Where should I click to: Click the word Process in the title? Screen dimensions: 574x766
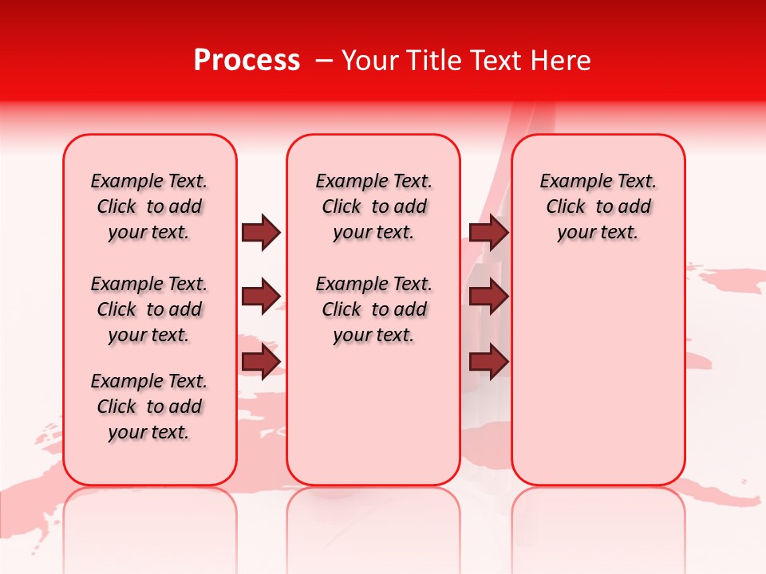247,61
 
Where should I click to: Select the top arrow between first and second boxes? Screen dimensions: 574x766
261,232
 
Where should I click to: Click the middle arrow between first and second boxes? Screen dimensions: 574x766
261,297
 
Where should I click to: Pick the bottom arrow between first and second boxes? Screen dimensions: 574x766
261,362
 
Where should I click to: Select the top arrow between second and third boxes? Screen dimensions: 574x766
488,232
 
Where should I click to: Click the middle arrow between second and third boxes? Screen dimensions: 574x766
488,297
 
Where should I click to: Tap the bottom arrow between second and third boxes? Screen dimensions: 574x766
488,362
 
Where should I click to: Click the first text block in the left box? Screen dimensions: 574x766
149,206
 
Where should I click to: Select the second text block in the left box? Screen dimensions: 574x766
149,309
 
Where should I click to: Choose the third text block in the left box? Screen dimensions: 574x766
149,407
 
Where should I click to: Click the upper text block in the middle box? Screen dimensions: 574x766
373,206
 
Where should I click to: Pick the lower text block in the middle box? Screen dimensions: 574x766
373,309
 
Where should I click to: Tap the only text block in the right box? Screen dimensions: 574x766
598,206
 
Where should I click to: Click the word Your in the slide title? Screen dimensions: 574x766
371,61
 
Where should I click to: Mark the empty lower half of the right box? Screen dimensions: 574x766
598,383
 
